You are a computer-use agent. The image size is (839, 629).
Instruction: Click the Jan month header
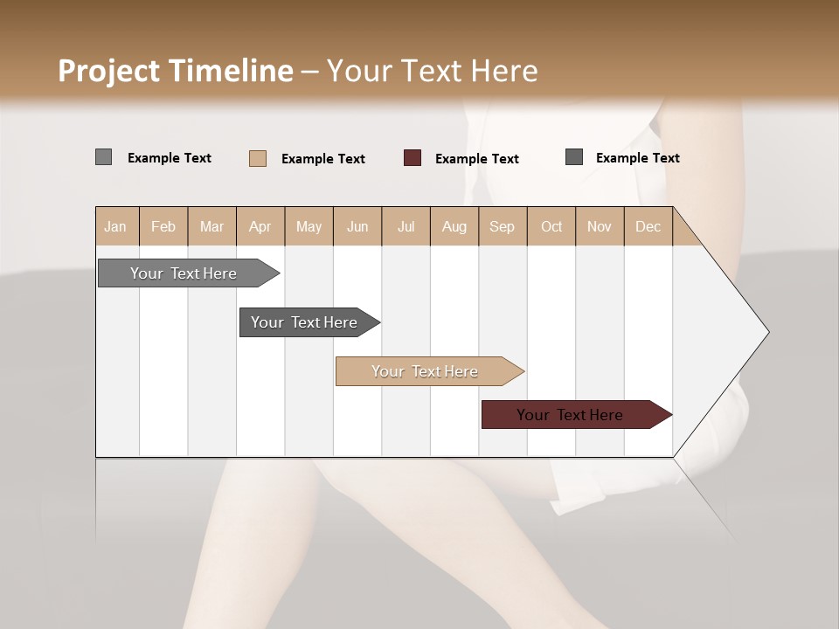point(115,226)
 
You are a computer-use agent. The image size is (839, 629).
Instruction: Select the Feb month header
point(163,226)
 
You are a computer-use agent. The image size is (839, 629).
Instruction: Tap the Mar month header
point(211,226)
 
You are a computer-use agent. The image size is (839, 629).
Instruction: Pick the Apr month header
point(260,226)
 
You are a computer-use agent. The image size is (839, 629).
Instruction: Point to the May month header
point(309,226)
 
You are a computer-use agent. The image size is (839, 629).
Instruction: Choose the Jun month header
point(357,226)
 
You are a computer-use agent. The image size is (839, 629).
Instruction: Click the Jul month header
point(406,226)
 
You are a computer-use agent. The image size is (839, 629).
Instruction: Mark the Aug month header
point(454,226)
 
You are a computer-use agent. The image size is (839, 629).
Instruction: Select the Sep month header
point(502,226)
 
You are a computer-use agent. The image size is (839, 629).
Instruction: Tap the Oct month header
point(551,226)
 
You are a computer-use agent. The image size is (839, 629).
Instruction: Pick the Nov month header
point(600,226)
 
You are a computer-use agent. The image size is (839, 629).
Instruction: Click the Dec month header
point(648,226)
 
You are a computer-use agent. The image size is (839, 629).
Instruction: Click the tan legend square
point(258,158)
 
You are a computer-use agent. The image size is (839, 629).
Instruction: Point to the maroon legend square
point(413,157)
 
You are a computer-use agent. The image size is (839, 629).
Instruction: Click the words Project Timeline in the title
point(176,71)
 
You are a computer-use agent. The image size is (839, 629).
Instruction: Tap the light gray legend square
point(103,157)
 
